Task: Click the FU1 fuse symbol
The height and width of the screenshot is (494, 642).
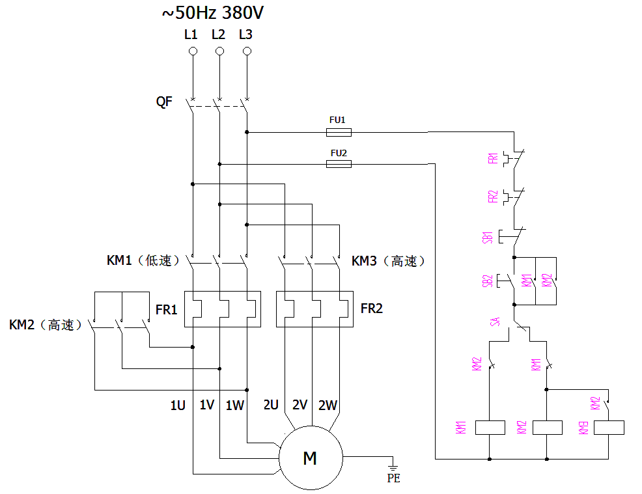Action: point(338,132)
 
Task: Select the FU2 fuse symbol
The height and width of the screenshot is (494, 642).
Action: point(338,164)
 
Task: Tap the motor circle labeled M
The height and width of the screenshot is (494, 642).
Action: point(310,458)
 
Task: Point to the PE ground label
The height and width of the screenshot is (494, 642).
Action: point(393,478)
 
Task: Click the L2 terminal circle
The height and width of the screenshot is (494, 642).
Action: point(219,51)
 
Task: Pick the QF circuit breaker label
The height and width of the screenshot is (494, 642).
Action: point(164,102)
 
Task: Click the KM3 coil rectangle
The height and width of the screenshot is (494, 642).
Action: point(609,428)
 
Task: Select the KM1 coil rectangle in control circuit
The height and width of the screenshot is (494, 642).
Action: point(490,428)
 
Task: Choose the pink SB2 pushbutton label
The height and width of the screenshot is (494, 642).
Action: point(488,281)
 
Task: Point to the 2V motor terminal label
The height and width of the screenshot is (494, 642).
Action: point(300,405)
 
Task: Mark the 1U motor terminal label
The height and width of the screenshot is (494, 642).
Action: point(178,405)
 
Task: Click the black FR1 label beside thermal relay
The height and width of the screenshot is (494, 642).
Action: point(167,310)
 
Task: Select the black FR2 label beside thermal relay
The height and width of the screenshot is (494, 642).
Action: point(372,309)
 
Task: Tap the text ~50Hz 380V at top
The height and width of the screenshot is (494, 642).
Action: point(213,12)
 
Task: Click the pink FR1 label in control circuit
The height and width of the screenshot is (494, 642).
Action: point(493,158)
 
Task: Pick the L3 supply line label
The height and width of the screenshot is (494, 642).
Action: point(245,34)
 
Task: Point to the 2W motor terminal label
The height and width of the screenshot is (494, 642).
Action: point(328,405)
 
